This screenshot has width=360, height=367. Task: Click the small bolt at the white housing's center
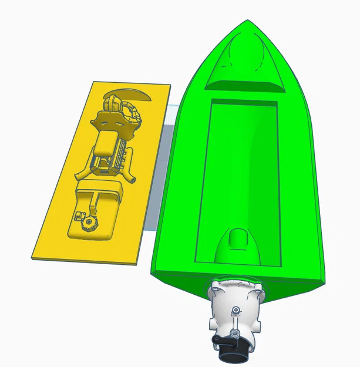235,309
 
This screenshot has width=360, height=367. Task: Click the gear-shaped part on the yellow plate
89,222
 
